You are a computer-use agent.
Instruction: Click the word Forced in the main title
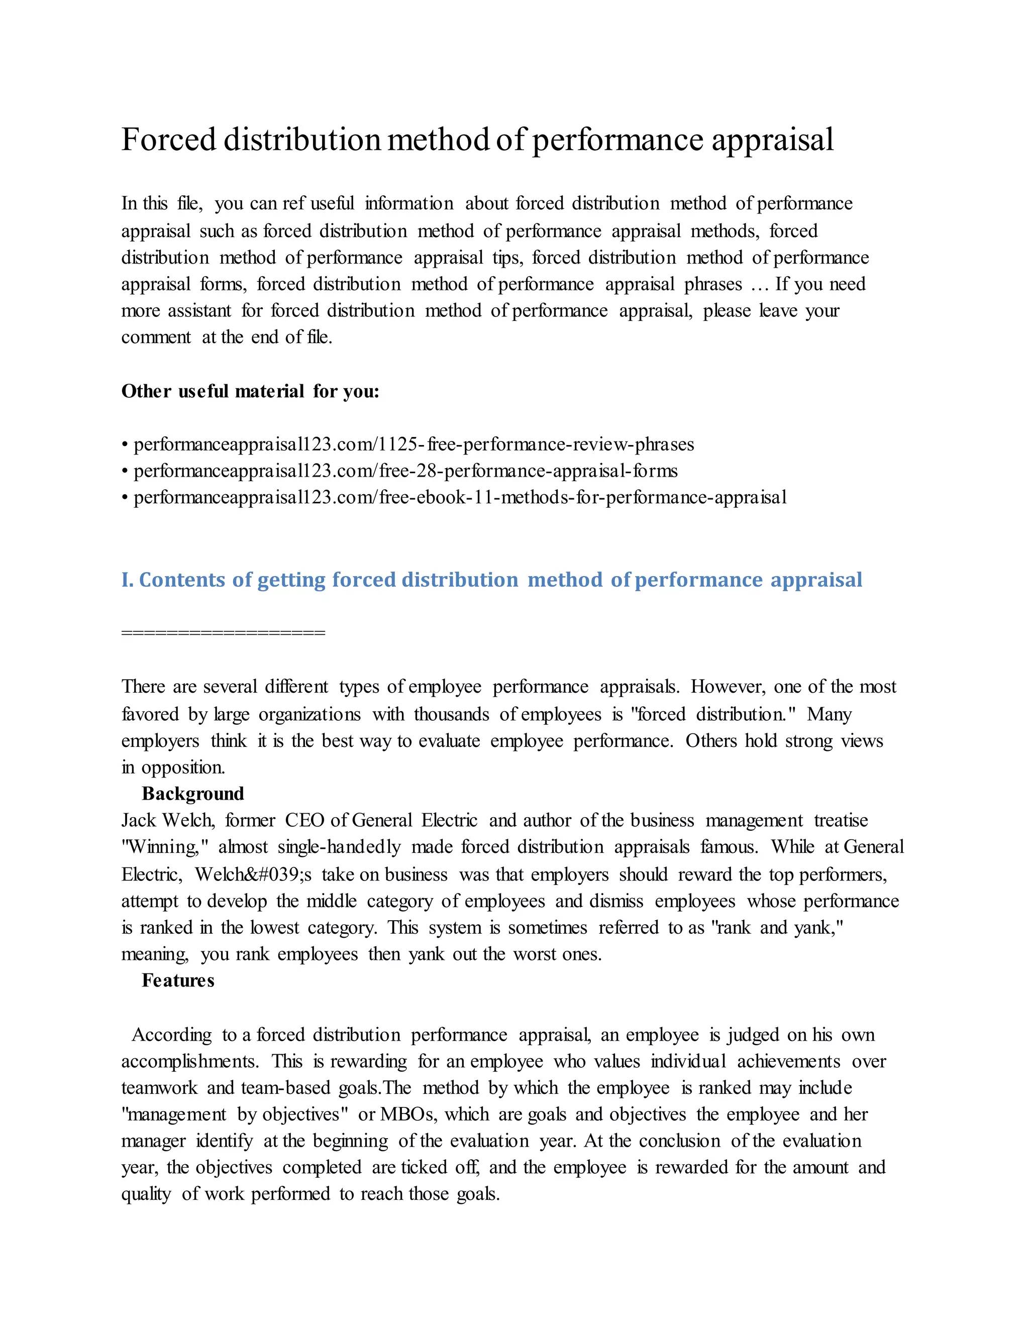coord(169,140)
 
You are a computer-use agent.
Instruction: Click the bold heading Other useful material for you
coord(250,391)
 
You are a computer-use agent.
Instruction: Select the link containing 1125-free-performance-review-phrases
coord(414,445)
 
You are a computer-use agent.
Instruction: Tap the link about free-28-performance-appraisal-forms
coord(405,471)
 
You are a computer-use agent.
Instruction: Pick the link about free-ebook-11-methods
coord(460,497)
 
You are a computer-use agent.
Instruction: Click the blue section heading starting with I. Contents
coord(491,579)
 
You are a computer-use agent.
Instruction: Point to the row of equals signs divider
coord(223,632)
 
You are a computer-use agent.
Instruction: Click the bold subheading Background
coord(192,794)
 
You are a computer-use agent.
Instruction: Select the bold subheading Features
coord(178,980)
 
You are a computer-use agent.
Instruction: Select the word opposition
coord(183,767)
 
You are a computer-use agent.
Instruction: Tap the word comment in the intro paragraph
coord(156,337)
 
